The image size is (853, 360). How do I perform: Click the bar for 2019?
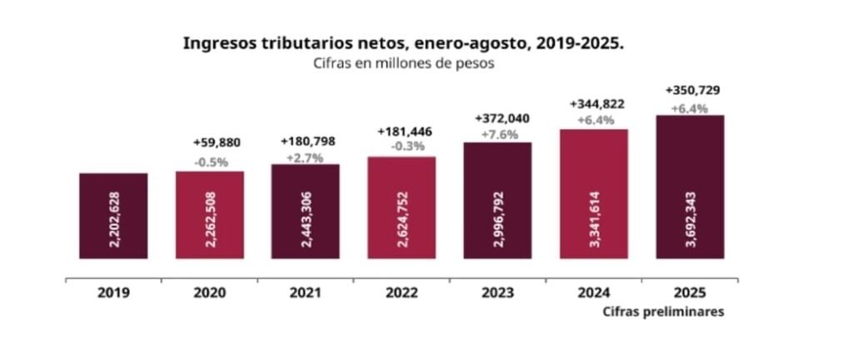113,216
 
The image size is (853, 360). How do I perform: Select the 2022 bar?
402,207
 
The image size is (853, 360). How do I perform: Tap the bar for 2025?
690,187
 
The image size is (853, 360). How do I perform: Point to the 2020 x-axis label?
209,293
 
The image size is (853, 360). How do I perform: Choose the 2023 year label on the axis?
496,293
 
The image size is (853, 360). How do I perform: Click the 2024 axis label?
594,293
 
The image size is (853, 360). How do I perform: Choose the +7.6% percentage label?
498,134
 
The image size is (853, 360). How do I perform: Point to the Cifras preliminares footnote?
661,312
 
